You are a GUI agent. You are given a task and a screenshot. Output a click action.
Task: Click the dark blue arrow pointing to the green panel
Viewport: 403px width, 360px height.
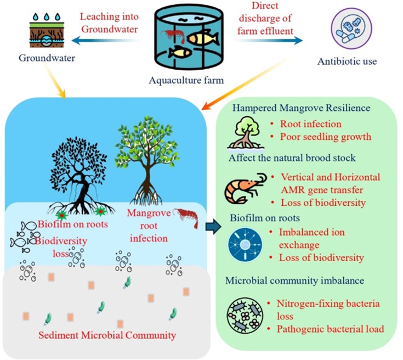point(211,225)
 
